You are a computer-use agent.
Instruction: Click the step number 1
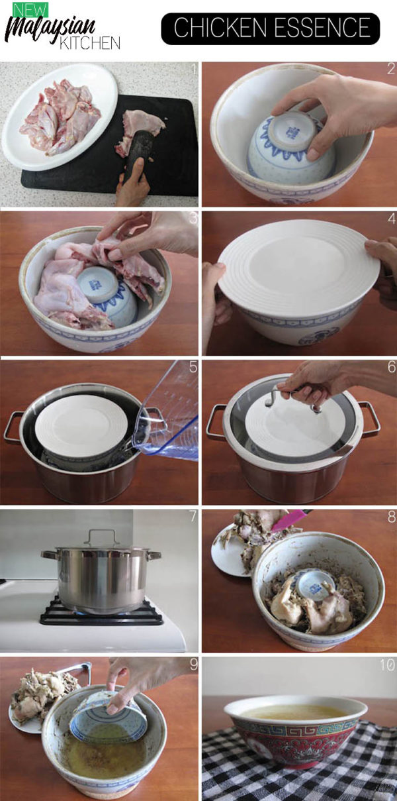click(193, 68)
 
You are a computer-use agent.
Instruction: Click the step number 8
click(391, 515)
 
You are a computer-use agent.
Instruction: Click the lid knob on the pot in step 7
click(101, 536)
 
